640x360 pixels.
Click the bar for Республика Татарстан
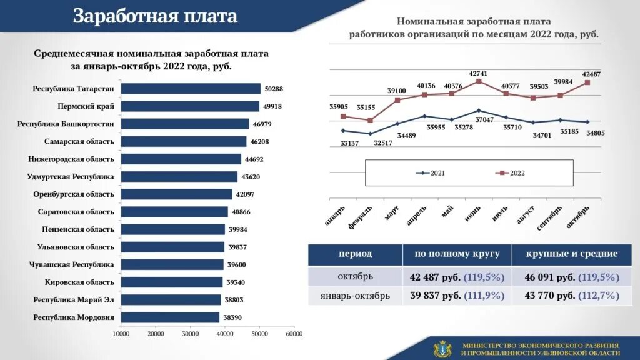click(x=191, y=89)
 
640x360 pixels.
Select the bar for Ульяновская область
click(x=172, y=247)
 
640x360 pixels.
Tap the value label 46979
click(x=262, y=124)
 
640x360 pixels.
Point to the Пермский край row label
click(x=86, y=106)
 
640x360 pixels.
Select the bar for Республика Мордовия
click(x=170, y=317)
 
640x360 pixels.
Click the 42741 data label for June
click(x=478, y=74)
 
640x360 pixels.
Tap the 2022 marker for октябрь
click(x=587, y=82)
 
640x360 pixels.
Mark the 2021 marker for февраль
click(x=370, y=134)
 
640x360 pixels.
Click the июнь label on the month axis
click(x=472, y=214)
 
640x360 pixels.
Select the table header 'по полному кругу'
click(x=457, y=254)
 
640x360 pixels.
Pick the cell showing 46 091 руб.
click(x=565, y=277)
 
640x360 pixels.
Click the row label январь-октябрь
click(x=355, y=296)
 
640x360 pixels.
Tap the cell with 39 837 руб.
click(x=457, y=296)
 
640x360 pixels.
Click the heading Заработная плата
click(x=155, y=16)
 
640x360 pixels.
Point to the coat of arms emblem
click(x=442, y=349)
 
